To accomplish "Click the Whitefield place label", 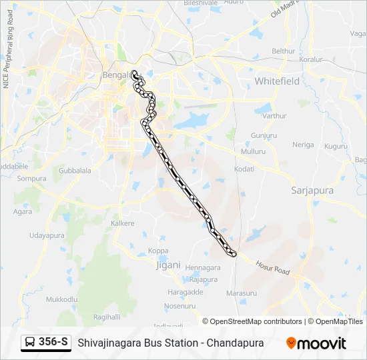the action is (x=277, y=81).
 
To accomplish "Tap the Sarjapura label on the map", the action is (x=312, y=190).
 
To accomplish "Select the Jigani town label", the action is (x=168, y=265).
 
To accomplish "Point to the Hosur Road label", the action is (x=273, y=267).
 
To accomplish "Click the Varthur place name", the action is (x=274, y=116).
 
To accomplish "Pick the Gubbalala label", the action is (x=75, y=171).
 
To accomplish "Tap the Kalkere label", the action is (x=123, y=223).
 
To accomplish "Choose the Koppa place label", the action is (x=158, y=251).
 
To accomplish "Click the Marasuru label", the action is (x=242, y=293).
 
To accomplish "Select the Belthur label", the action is (x=283, y=51).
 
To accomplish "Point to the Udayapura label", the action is (x=47, y=235).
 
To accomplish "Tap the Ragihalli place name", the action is (x=107, y=317).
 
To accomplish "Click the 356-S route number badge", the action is (x=53, y=343).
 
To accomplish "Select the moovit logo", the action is (x=316, y=343).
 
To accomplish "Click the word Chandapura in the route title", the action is (x=235, y=343).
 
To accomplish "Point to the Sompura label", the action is (x=31, y=179).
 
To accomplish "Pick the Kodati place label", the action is (x=244, y=170).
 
